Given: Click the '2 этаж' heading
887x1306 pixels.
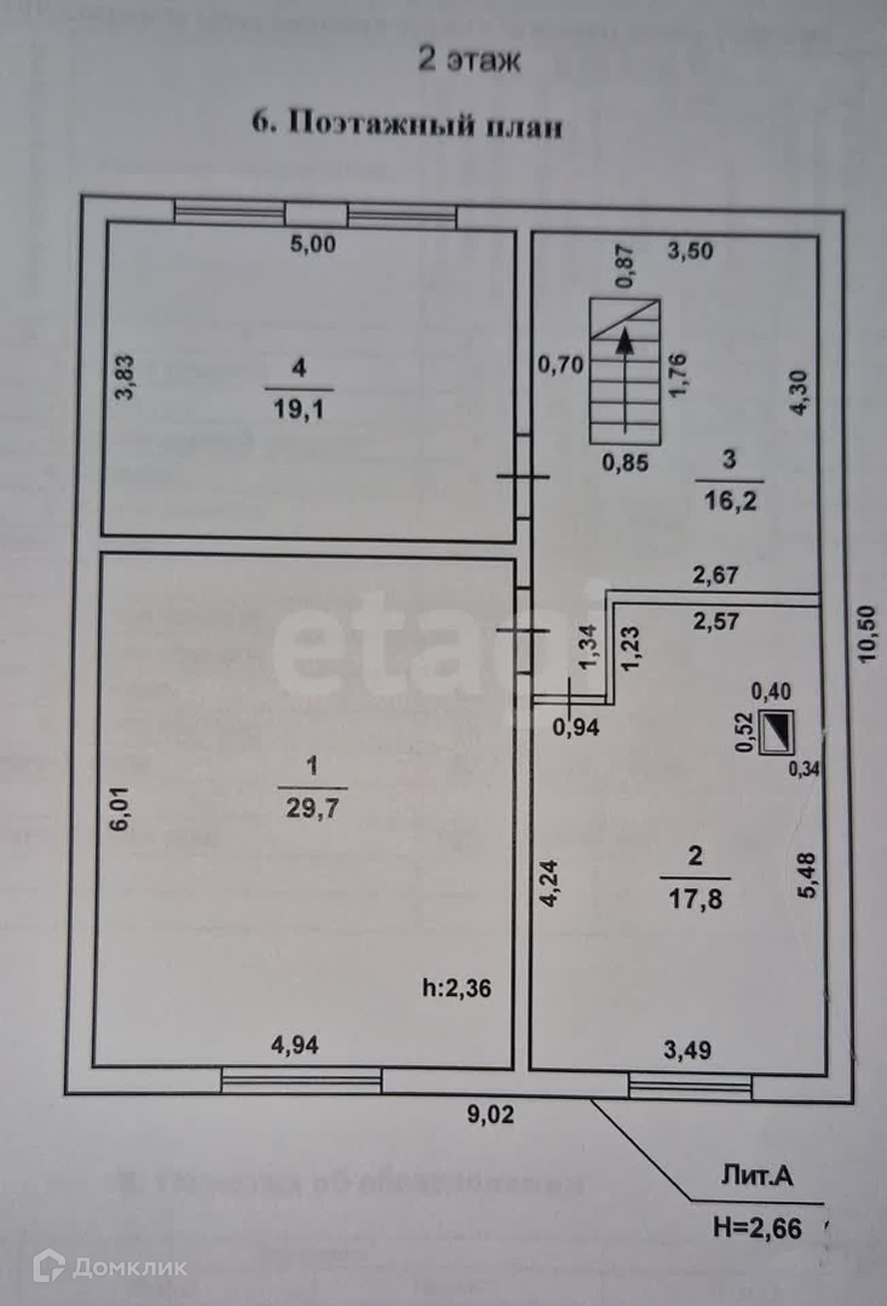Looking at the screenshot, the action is point(469,60).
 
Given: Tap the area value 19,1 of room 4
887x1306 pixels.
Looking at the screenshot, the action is point(299,409).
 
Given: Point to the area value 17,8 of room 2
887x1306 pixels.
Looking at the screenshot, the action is point(695,899).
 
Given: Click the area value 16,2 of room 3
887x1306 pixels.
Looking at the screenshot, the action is point(730,501).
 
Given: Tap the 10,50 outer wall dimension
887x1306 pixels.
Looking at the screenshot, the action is point(869,634).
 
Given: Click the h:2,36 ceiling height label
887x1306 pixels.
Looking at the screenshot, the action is point(456,988).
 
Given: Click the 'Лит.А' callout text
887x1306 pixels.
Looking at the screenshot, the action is point(756,1175).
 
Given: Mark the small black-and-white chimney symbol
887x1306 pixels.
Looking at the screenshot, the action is point(776,731).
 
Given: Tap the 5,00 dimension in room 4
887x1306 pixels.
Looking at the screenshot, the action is point(313,244).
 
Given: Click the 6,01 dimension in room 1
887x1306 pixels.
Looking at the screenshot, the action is point(120,809).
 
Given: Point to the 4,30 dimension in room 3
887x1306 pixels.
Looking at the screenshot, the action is point(799,392).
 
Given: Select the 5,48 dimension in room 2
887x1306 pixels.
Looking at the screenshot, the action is point(807,876).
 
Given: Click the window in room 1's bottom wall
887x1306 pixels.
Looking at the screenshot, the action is point(301,1080).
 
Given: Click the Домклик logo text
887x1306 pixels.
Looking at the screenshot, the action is point(129,1267).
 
